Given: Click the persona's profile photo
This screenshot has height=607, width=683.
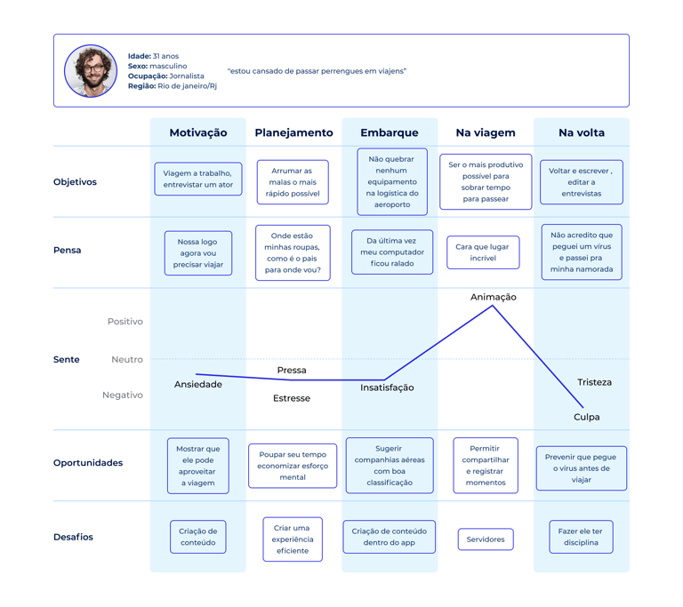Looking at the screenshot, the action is [x=91, y=70].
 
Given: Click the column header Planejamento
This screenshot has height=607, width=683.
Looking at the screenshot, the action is [x=293, y=132].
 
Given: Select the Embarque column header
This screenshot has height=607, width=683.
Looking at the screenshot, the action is [x=389, y=132].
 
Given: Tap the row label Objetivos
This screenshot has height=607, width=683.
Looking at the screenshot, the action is [x=75, y=182].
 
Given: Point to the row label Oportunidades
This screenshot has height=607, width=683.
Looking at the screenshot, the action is [x=88, y=463].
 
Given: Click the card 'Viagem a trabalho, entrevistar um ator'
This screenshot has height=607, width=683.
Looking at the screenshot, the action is [x=198, y=179].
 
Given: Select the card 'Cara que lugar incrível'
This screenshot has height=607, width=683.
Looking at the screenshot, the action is [x=483, y=252].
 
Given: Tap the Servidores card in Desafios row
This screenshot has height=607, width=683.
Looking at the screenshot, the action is [x=486, y=539].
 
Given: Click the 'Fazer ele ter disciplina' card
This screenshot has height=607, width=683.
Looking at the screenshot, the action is [x=581, y=537].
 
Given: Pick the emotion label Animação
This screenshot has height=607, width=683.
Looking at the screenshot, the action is [x=493, y=297].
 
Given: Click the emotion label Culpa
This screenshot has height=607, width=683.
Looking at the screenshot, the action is [x=586, y=417].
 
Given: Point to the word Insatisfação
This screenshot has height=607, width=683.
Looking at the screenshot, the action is [x=387, y=387].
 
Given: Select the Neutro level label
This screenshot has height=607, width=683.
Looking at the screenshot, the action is [x=127, y=360].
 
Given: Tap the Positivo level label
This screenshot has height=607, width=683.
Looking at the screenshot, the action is [x=125, y=322].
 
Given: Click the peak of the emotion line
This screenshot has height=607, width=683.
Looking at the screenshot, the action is [x=493, y=306].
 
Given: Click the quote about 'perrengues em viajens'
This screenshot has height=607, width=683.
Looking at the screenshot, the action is [x=317, y=71].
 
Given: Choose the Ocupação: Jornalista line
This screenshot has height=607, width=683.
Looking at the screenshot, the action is [x=166, y=76].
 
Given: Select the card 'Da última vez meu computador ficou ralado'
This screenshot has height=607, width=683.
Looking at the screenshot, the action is [x=392, y=252].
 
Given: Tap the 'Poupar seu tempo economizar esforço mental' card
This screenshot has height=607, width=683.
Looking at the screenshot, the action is [x=293, y=466].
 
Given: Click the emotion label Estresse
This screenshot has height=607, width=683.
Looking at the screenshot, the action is [x=292, y=398].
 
